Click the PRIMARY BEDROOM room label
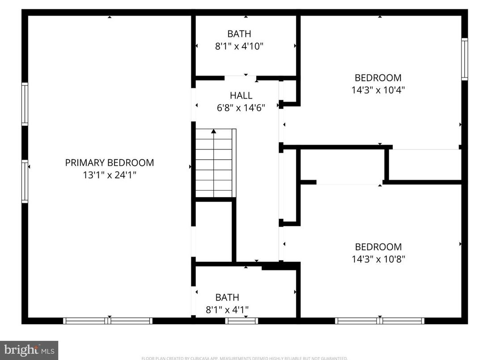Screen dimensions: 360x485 tap(110, 163)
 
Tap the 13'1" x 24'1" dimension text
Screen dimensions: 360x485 tap(110, 175)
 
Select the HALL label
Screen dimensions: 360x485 tap(241, 95)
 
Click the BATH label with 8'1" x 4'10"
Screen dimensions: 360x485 tap(239, 34)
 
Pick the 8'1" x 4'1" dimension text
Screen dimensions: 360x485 tap(227, 309)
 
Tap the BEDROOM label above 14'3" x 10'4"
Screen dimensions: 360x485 tap(378, 77)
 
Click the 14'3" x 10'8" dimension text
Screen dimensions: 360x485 tap(378, 259)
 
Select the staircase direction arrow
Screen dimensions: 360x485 tap(214, 131)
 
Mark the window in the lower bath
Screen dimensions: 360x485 tap(241, 321)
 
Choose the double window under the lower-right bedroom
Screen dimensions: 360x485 tap(380, 321)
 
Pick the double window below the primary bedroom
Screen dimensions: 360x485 tap(108, 321)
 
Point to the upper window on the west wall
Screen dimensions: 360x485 tap(25, 104)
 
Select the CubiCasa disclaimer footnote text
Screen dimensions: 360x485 tap(244, 358)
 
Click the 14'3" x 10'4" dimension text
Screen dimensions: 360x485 tap(378, 90)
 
